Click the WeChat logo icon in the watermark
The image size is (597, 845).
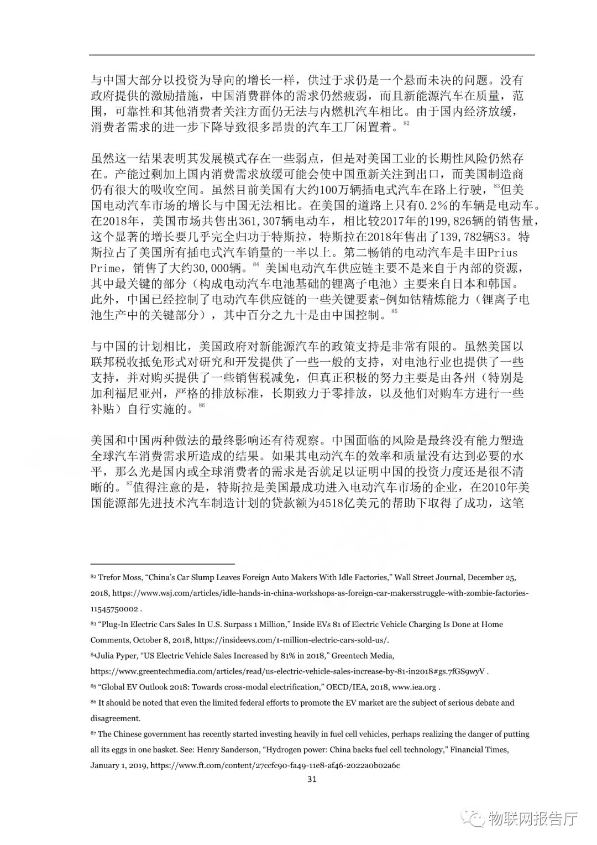pyautogui.click(x=473, y=817)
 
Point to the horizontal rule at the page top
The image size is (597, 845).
pyautogui.click(x=312, y=55)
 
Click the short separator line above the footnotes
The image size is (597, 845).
pyautogui.click(x=163, y=564)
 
